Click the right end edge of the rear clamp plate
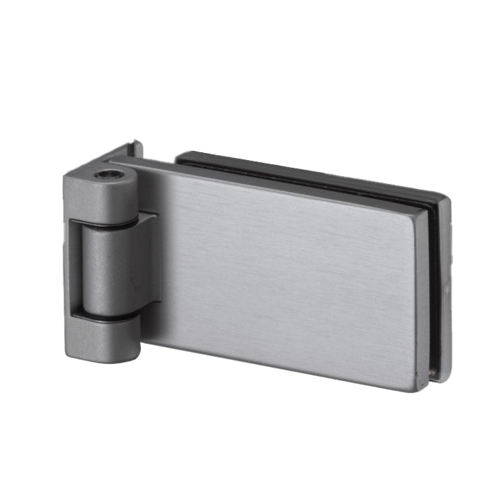point(446,283)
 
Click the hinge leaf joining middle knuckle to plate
point(149,262)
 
